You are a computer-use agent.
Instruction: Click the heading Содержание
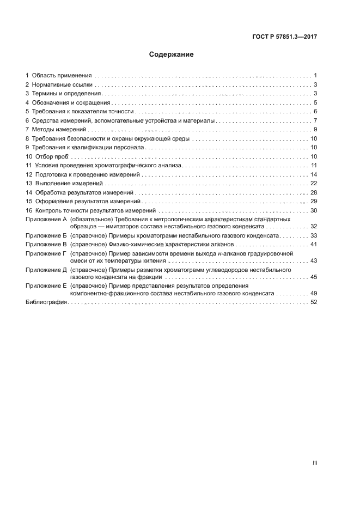(172, 54)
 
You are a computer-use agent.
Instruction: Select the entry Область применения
(62, 75)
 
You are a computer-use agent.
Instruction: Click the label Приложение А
(46, 218)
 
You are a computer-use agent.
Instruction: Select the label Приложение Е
(46, 286)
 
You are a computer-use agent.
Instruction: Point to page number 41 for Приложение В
(314, 244)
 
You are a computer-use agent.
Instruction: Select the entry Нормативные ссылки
(63, 84)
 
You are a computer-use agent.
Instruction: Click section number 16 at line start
(29, 210)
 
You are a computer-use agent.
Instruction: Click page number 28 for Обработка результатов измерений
(314, 192)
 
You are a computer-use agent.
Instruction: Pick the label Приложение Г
(46, 253)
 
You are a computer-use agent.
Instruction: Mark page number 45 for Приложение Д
(314, 277)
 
